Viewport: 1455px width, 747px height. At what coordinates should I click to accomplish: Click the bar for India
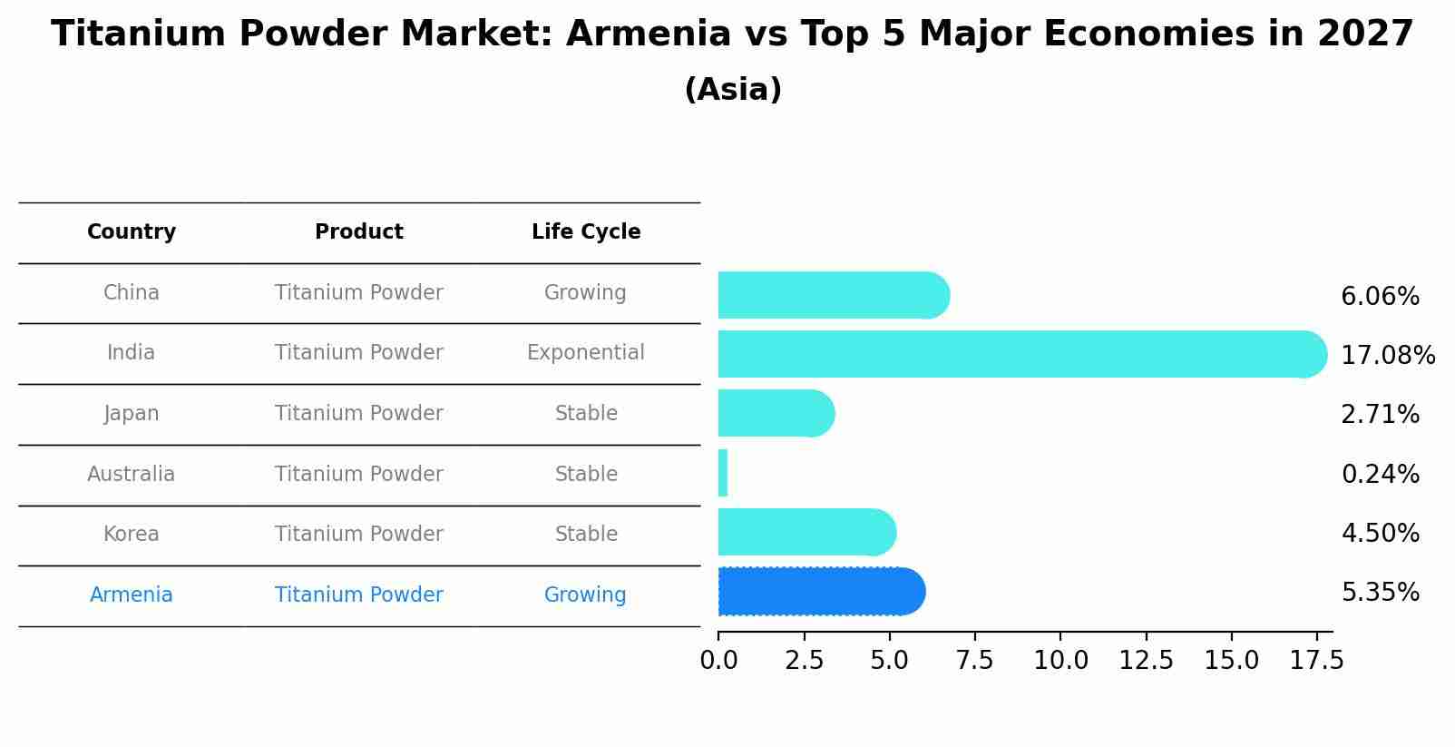point(1016,354)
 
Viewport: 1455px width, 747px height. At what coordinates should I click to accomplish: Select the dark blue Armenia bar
point(816,592)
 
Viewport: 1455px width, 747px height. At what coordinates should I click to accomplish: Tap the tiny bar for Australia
point(723,473)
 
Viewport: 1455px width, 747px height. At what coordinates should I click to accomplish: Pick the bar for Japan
point(771,413)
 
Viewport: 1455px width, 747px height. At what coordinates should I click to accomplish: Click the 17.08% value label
point(1387,355)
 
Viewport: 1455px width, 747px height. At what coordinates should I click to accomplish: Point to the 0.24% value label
point(1380,474)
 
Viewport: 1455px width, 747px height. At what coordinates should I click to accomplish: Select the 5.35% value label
point(1380,593)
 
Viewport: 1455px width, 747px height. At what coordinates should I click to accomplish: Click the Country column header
point(132,232)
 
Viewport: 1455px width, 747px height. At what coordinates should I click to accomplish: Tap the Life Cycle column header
point(586,232)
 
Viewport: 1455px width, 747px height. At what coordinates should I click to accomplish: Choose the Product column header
point(359,232)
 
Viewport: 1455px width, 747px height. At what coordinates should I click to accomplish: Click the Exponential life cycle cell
point(586,353)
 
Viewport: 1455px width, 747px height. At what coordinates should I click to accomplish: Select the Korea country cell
point(132,535)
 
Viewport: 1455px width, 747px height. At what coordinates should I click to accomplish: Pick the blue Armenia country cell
point(132,595)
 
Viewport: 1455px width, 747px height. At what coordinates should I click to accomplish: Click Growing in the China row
point(585,293)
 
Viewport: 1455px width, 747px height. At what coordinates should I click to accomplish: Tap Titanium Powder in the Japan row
point(359,414)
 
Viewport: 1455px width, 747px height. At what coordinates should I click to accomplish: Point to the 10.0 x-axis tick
point(1060,661)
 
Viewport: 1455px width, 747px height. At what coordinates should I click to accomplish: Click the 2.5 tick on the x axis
point(804,661)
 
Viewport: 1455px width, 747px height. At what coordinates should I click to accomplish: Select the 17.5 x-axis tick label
point(1316,661)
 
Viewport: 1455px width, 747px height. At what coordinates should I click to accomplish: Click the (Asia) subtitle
point(733,90)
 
